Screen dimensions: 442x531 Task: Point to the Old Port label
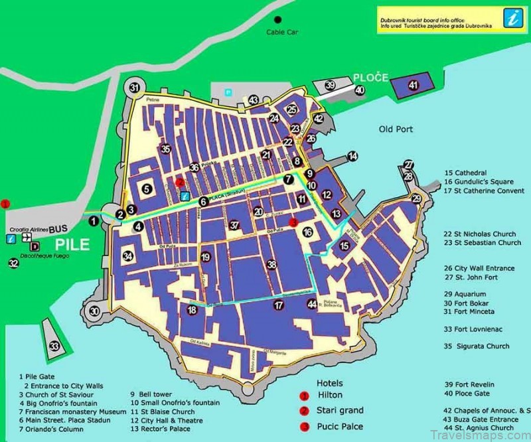tap(396, 129)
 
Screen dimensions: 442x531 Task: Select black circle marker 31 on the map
tap(135, 88)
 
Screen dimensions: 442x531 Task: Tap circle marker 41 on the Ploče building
tap(414, 85)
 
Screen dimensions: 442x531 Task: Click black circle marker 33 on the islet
tap(54, 346)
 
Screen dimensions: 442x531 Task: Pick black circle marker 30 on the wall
tap(95, 311)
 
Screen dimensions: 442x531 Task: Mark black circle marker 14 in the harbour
tap(352, 156)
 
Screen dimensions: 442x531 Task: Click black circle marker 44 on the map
tap(312, 304)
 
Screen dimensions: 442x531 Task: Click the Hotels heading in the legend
tap(330, 383)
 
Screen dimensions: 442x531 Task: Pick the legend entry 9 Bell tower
tap(151, 393)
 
